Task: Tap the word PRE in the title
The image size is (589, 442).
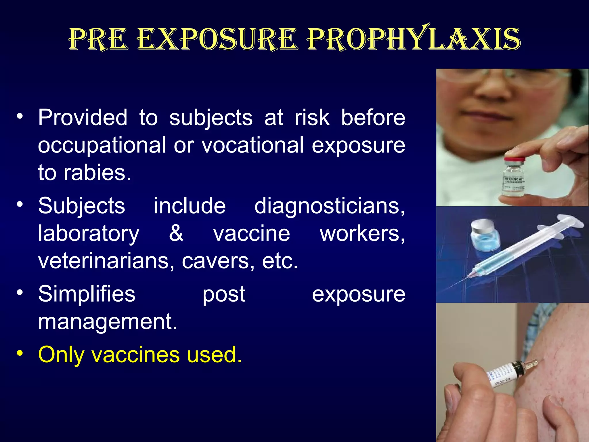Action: pos(98,39)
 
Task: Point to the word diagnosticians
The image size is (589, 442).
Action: pos(329,206)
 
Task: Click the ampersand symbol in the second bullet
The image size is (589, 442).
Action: pos(176,233)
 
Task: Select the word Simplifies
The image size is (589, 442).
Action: pos(87,294)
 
